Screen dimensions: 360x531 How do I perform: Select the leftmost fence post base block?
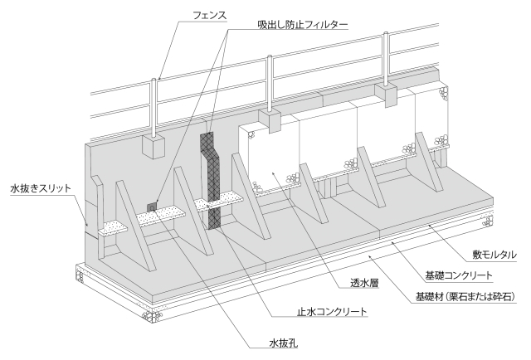pyautogui.click(x=155, y=146)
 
